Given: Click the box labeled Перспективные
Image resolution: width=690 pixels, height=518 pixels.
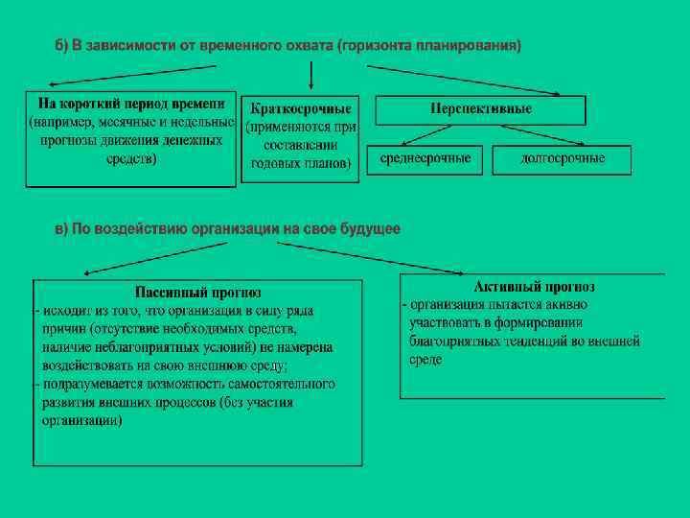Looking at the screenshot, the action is [x=480, y=110].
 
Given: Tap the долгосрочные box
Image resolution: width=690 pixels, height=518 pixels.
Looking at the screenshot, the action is [x=563, y=159].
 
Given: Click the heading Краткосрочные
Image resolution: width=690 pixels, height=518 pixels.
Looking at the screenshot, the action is [x=300, y=108].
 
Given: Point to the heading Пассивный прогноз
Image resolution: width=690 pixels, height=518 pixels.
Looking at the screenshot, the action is [x=198, y=293].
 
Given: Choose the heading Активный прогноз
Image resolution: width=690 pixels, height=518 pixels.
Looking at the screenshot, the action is [x=534, y=287].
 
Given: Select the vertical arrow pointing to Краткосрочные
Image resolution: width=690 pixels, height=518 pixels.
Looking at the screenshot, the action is [x=310, y=76].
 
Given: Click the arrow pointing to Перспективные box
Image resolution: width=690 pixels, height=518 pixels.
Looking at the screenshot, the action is [x=465, y=81].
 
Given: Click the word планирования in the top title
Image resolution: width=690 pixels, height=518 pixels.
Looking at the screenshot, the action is [x=475, y=46].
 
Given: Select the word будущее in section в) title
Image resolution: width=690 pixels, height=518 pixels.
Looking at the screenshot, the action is [x=369, y=229].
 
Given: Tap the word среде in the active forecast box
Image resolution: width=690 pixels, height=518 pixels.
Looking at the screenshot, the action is [x=425, y=360].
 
